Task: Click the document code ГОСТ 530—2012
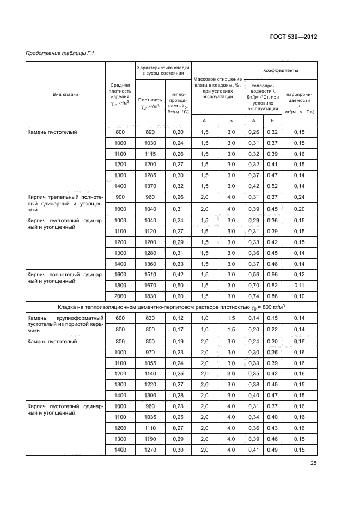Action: (293, 37)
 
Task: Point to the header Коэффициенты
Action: (280, 70)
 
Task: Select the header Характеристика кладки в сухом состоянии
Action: (163, 70)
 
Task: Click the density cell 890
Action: (150, 132)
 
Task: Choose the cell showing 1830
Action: (150, 295)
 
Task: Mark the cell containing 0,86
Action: (271, 295)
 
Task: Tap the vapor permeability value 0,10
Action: (298, 295)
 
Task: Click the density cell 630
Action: (150, 318)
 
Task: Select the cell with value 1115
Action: (150, 154)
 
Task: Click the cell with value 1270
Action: (150, 450)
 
